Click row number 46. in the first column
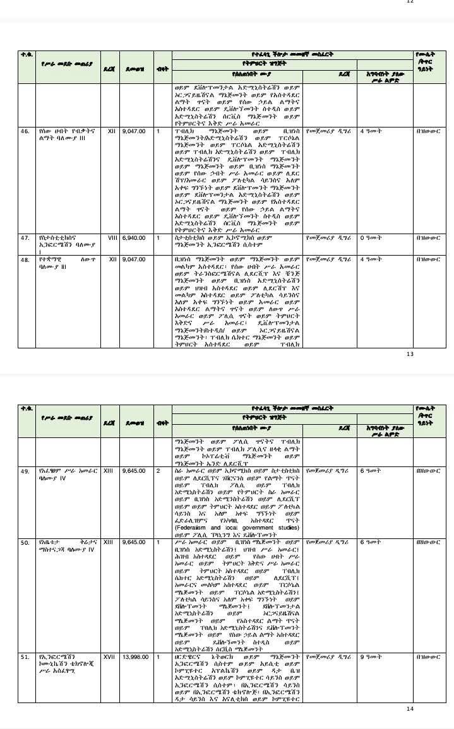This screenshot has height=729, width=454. point(25,131)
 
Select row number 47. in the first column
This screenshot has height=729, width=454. point(25,238)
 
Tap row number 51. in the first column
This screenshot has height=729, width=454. point(25,657)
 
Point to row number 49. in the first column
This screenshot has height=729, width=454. point(25,471)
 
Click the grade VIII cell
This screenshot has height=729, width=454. point(109,238)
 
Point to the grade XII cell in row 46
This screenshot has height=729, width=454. point(109,131)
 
